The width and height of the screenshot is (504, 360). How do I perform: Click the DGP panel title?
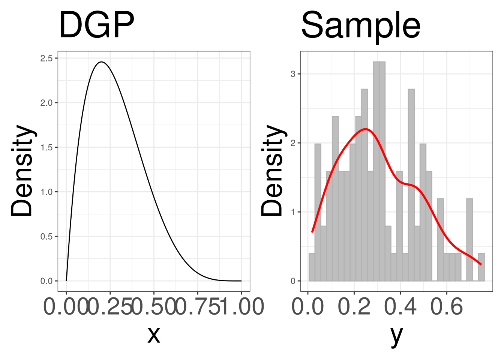click(96, 25)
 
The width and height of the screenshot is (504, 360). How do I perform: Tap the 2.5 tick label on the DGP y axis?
click(47, 58)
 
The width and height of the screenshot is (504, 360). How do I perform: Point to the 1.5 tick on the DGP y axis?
click(47, 147)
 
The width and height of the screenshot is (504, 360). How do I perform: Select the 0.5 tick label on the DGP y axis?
click(47, 237)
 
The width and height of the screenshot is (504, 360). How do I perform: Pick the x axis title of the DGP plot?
click(154, 334)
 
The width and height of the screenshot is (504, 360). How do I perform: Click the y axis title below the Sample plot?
click(396, 334)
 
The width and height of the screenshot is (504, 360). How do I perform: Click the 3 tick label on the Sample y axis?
click(293, 74)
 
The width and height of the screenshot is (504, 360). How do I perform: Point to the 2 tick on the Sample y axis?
click(293, 143)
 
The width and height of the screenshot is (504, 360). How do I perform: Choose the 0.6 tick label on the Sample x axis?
click(447, 306)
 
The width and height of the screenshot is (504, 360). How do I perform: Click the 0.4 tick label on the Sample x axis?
click(400, 306)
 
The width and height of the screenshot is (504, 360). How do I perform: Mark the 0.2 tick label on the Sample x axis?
click(354, 306)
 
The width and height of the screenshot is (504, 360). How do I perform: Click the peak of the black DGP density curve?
click(101, 62)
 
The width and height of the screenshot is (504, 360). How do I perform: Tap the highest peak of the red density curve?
click(366, 129)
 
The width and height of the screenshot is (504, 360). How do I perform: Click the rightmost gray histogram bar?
click(481, 267)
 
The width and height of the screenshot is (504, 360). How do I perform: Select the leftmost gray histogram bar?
click(312, 267)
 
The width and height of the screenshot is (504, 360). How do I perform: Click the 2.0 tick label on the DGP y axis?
click(47, 103)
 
